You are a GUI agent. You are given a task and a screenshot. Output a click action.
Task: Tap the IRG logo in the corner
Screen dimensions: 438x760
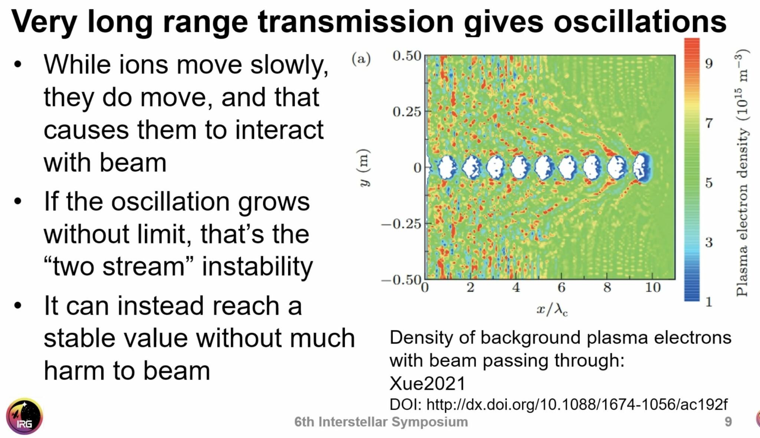[24, 417]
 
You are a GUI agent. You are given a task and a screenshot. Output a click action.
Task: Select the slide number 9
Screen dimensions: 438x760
[728, 422]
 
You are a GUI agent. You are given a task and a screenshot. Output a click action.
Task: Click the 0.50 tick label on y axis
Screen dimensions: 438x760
[407, 56]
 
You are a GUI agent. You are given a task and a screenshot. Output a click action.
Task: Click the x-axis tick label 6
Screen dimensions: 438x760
[561, 288]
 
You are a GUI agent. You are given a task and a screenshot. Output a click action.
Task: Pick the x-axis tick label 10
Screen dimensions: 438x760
[652, 288]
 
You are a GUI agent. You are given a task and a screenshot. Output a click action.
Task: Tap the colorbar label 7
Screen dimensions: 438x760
[709, 122]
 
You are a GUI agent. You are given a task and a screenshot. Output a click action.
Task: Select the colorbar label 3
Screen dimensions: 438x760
[709, 242]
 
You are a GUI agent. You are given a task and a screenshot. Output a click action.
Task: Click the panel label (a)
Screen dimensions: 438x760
[361, 59]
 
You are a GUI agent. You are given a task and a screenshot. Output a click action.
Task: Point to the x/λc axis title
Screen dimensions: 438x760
[552, 309]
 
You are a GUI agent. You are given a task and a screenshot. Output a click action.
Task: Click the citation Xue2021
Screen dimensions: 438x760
[427, 383]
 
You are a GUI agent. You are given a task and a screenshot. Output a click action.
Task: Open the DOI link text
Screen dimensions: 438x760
[577, 404]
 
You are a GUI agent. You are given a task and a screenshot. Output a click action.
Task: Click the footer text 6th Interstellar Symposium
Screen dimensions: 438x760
[381, 422]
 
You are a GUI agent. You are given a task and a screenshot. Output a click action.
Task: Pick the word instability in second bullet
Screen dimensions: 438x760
[257, 267]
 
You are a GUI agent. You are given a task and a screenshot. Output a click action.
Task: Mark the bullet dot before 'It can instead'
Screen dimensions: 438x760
[17, 305]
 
